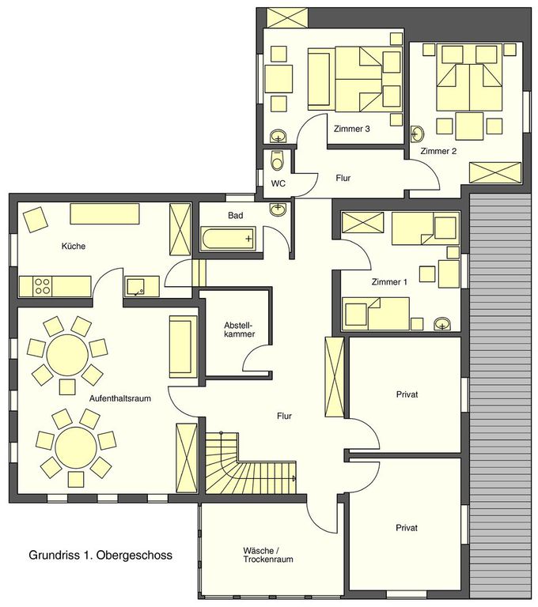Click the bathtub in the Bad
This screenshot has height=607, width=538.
coord(229,239)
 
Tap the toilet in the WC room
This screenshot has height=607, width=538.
coord(277,160)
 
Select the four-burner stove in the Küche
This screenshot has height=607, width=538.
coord(42,286)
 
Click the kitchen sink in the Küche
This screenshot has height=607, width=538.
coord(135,286)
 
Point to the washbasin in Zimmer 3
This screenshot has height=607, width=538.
coord(278,136)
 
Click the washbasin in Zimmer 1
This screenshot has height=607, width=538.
coord(442,323)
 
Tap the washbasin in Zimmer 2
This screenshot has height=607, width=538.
coord(418,134)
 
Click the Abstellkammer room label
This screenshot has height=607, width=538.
coord(239,330)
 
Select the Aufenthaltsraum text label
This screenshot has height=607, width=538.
coord(120,398)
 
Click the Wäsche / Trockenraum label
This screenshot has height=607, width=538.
coord(268,555)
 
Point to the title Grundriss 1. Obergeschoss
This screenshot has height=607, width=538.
coord(100,555)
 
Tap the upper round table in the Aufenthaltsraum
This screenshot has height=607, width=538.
coord(67,354)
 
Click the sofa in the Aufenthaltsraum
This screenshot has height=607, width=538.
coord(180,346)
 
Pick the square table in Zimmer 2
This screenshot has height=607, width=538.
coord(469,126)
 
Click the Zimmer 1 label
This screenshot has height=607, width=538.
coord(389,282)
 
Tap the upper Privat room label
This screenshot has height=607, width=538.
coord(407,394)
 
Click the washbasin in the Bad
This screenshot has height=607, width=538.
coord(278,209)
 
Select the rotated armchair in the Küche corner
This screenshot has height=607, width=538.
coord(36,220)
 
